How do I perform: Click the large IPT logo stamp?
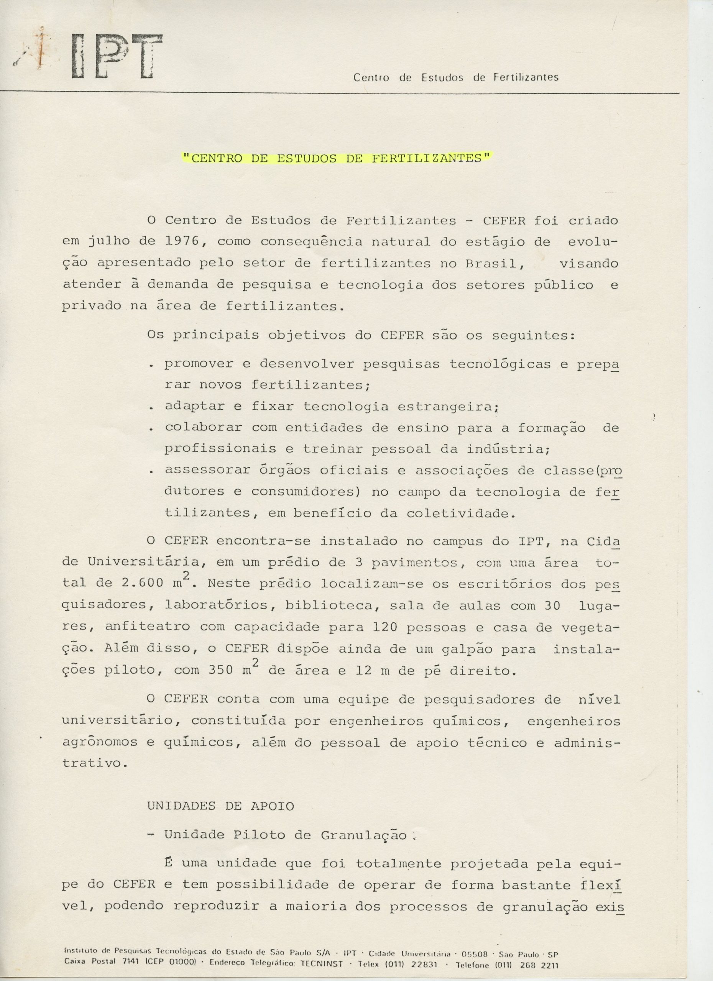click(116, 57)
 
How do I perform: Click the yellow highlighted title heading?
click(336, 158)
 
